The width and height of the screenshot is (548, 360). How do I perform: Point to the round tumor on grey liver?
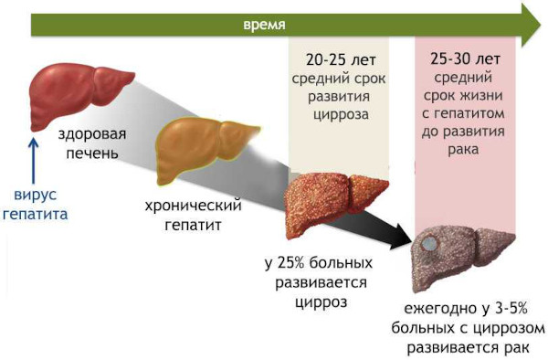[x=429, y=246]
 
